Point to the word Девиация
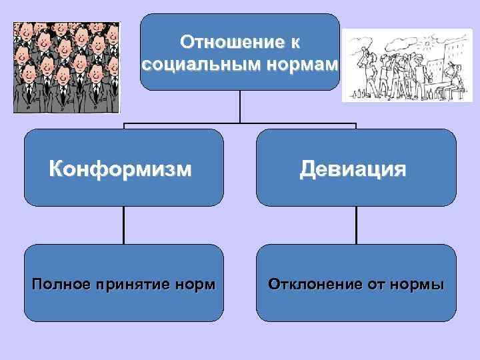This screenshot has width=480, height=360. point(353,169)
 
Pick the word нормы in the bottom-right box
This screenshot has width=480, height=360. point(418,285)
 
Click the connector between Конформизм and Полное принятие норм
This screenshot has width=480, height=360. point(124,225)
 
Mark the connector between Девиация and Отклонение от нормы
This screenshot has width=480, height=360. point(356,225)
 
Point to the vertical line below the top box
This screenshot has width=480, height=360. point(240,107)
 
